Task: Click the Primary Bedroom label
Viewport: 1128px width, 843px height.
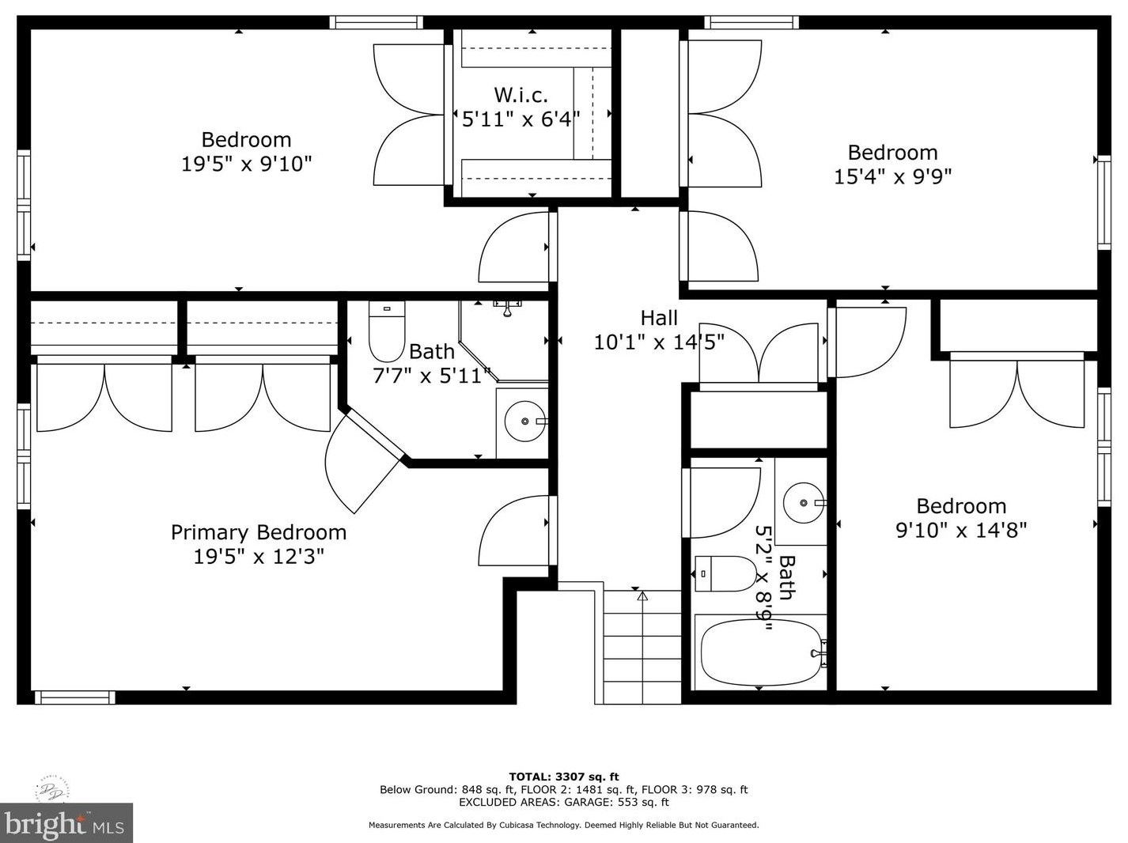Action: click(259, 533)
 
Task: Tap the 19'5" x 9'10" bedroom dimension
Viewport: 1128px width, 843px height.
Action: click(247, 164)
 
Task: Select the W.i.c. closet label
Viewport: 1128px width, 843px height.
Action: click(520, 95)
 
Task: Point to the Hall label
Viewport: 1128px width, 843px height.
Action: click(659, 318)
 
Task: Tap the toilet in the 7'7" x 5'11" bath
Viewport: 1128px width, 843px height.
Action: click(387, 331)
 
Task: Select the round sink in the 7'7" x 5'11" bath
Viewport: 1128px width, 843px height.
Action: click(524, 421)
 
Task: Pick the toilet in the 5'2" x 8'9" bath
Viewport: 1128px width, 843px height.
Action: click(725, 574)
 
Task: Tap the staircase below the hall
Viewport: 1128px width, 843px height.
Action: click(642, 648)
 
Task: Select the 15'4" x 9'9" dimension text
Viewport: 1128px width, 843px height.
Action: click(892, 177)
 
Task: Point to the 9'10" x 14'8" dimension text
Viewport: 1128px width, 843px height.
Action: click(961, 530)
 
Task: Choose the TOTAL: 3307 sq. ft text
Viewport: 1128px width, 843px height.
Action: click(564, 777)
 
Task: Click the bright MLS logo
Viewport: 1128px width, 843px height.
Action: click(66, 822)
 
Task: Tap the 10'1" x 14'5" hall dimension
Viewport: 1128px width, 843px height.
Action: click(660, 342)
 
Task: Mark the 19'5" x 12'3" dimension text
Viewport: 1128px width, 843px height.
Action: click(259, 557)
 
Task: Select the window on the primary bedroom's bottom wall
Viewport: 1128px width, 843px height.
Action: click(75, 697)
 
